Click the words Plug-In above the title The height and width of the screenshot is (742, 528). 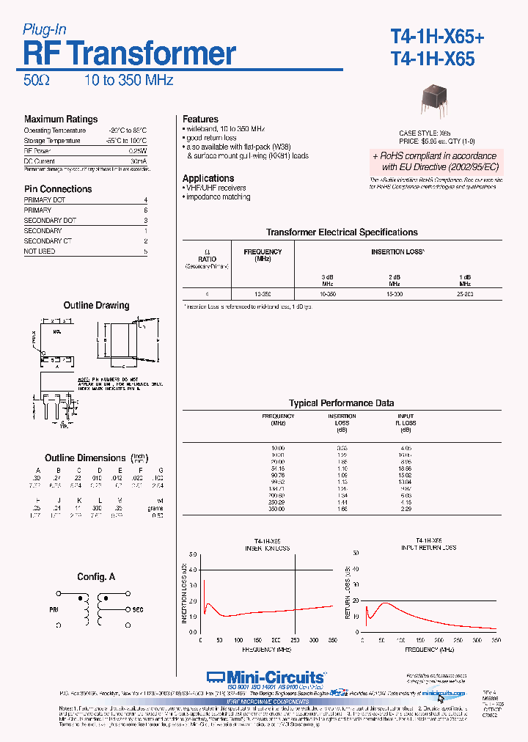coord(45,29)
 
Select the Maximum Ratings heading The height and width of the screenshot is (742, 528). coord(60,119)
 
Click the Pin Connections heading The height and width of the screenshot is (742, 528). coord(58,188)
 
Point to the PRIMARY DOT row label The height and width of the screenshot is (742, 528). coord(45,199)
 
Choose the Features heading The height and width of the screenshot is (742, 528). coord(200,119)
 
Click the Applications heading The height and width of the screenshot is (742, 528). coord(208,178)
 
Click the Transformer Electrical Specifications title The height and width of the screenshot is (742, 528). coord(342,232)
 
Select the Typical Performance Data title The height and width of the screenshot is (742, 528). coord(341,403)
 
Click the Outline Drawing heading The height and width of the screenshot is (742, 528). coord(96,305)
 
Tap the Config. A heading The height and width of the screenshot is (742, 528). coord(96,577)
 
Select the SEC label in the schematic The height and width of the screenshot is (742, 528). coord(137,609)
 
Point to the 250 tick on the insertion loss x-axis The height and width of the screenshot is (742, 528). coord(296,640)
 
